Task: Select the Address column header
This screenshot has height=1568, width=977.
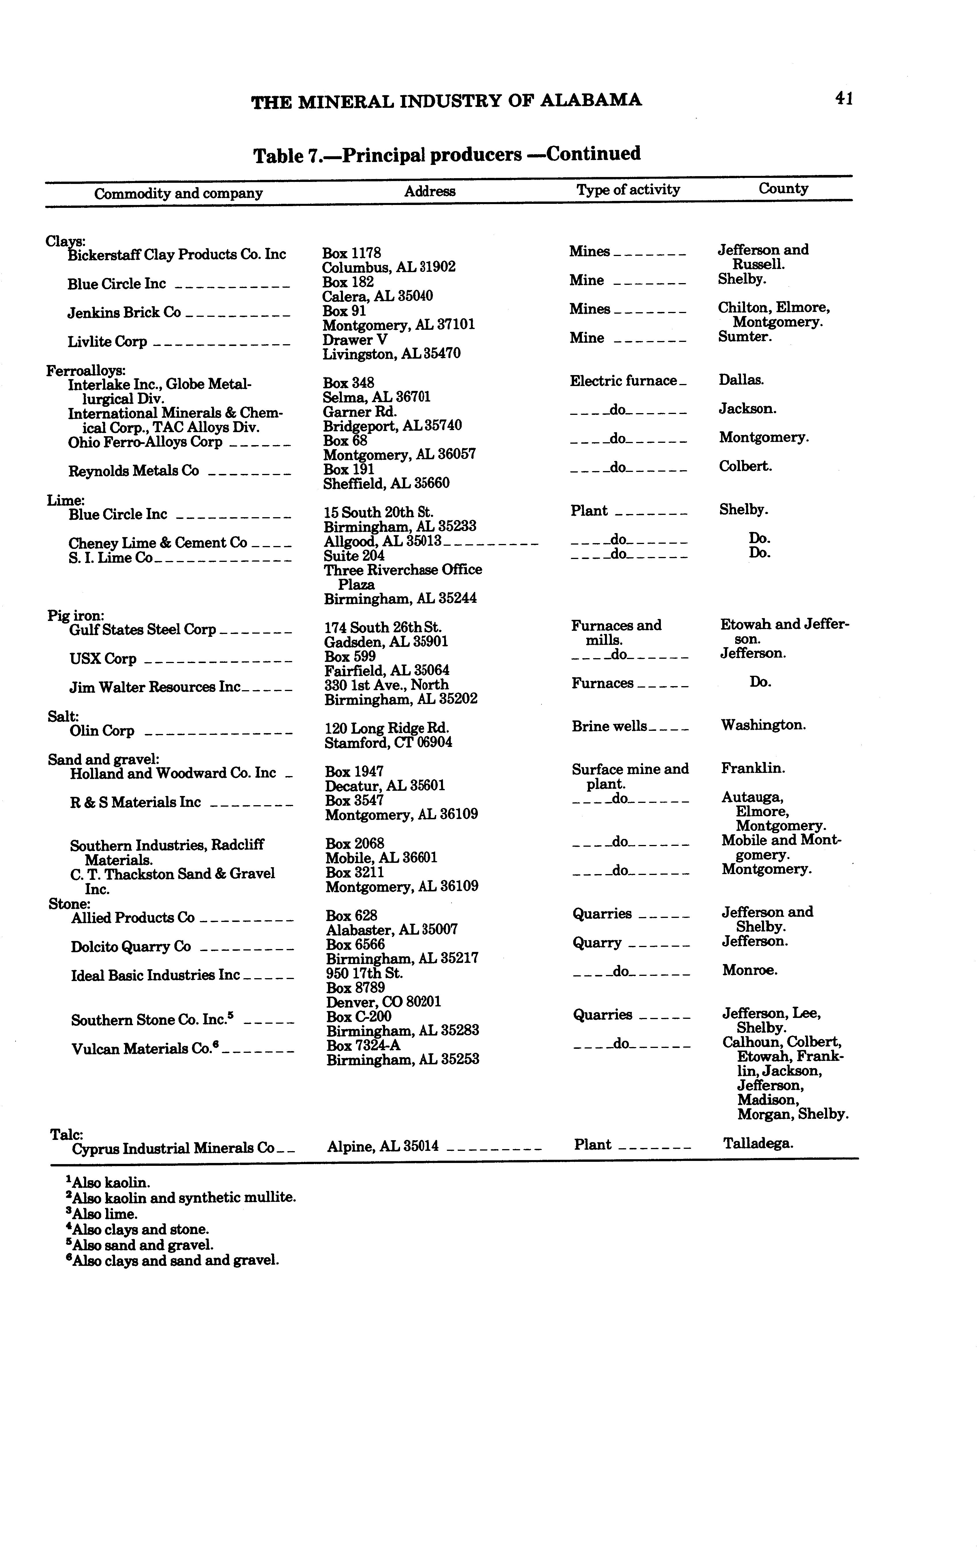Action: (430, 191)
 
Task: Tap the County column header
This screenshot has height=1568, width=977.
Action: (783, 189)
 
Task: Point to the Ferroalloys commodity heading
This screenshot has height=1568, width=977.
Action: (86, 370)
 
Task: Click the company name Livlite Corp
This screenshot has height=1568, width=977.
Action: (107, 342)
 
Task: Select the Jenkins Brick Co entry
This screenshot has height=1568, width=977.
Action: (124, 313)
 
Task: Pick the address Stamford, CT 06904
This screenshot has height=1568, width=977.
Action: (388, 743)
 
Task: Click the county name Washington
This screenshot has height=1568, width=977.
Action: (763, 725)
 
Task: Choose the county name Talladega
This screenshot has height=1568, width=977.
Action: (758, 1143)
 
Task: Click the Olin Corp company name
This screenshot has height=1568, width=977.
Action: (102, 731)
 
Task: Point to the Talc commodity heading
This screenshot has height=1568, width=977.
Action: (67, 1134)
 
